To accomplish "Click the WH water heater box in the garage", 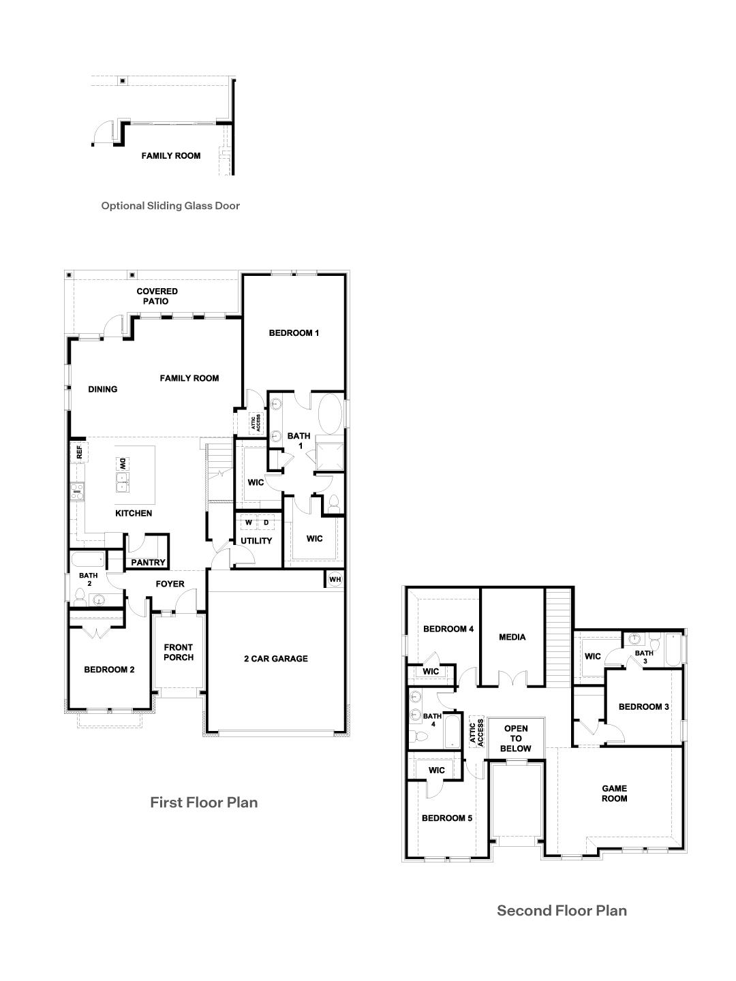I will click(334, 579).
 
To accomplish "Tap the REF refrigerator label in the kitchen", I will click(78, 452).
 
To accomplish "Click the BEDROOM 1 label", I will click(294, 333).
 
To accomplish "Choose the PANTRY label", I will click(148, 563).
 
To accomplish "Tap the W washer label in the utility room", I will click(249, 523).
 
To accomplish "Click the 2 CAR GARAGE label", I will click(276, 659).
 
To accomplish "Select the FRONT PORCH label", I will click(179, 653).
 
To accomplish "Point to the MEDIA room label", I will click(512, 638).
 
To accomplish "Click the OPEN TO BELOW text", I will click(516, 738).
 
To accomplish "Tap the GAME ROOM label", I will click(614, 794).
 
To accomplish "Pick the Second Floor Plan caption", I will click(562, 910).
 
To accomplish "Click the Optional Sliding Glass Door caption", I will click(170, 205).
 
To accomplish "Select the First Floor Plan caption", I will click(204, 803).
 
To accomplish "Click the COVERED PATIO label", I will click(157, 296).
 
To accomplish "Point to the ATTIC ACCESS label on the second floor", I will click(476, 732).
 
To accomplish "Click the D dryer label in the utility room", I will click(266, 523).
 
